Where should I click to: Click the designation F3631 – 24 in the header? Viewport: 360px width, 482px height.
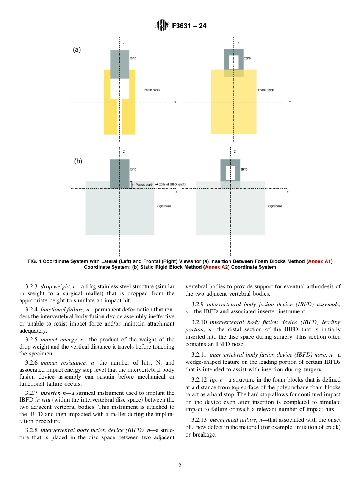[x=189, y=26]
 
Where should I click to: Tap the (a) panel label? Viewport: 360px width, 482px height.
[x=77, y=50]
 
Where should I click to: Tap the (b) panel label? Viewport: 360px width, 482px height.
[x=78, y=161]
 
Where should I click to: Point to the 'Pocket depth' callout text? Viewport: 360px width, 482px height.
[x=145, y=185]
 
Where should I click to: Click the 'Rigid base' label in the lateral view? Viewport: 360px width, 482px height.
[x=163, y=206]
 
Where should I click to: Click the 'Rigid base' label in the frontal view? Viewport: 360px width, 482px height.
[x=275, y=206]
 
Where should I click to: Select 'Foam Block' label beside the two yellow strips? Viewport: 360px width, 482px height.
[x=152, y=90]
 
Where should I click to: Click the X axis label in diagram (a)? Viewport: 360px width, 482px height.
[x=175, y=102]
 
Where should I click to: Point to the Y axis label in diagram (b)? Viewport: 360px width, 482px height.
[x=288, y=192]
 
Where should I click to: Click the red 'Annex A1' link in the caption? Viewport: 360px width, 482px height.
[x=320, y=261]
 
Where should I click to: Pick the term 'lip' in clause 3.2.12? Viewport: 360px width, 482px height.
[x=213, y=380]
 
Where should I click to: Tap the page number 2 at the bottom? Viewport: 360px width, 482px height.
[x=180, y=466]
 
